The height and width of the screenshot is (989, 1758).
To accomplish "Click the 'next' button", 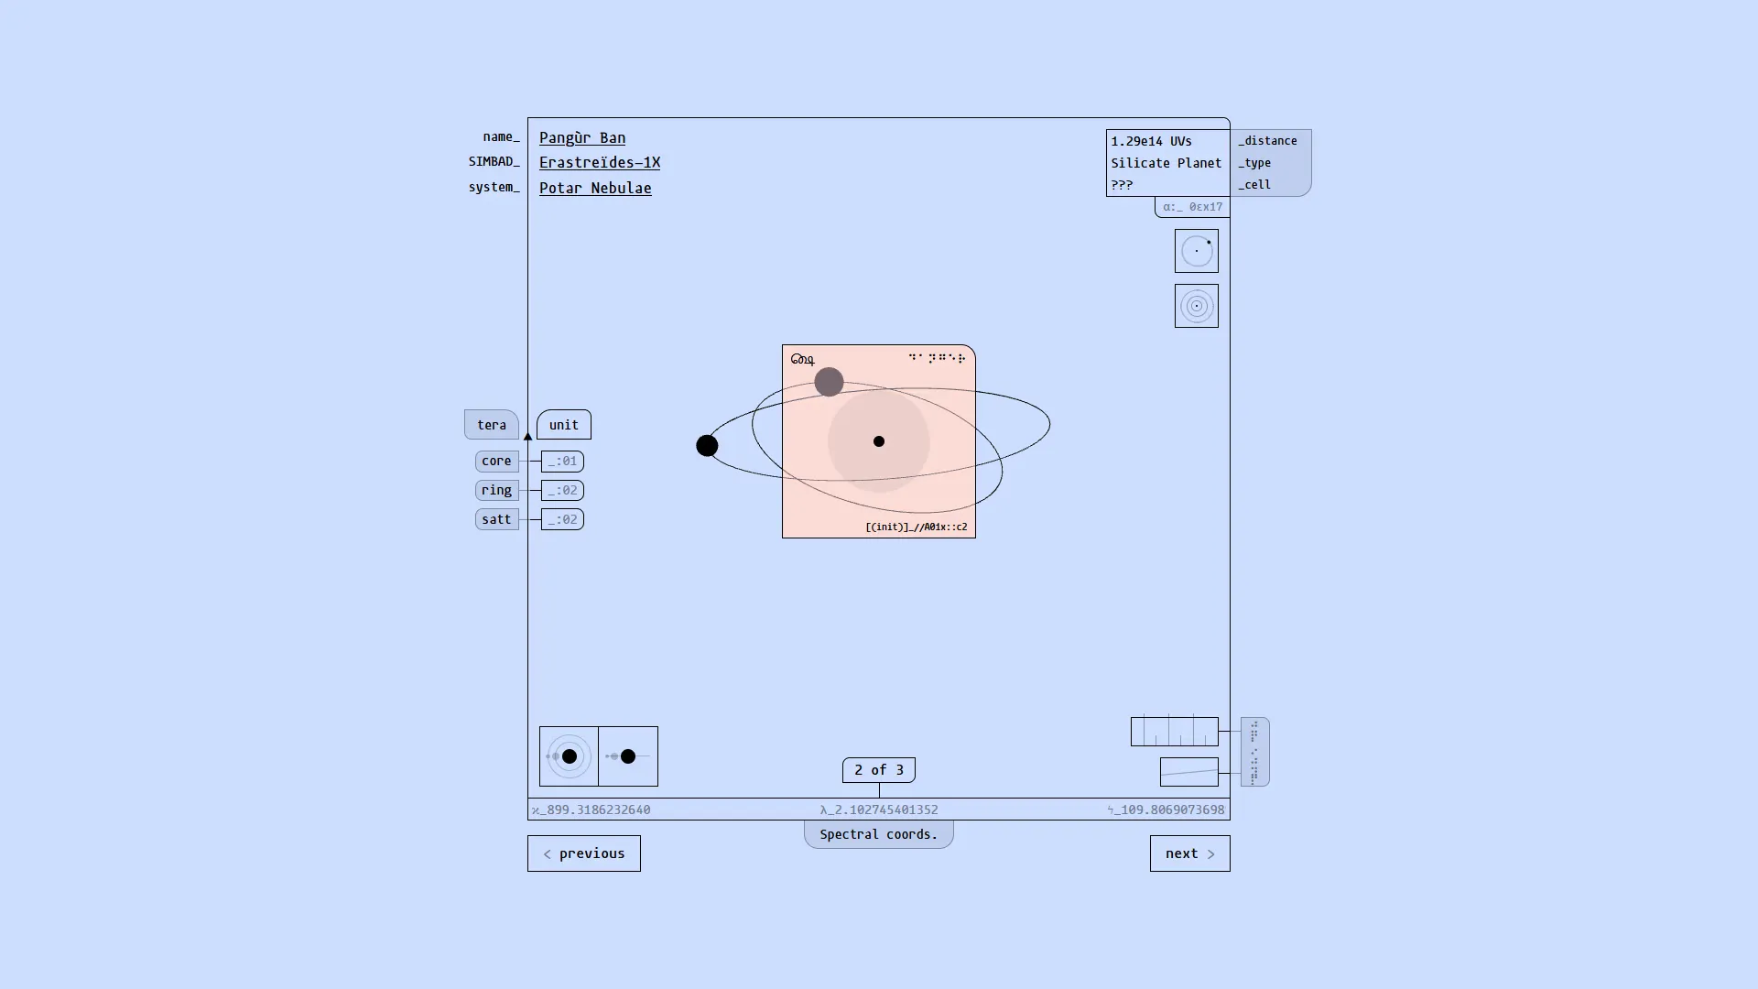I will tap(1189, 853).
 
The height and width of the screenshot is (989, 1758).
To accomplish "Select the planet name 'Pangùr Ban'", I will tap(582, 137).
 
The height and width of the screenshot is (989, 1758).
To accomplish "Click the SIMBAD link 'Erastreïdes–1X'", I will tap(600, 162).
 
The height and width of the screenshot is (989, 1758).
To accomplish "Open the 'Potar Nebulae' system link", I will tap(595, 188).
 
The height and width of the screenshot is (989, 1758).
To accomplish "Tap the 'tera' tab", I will tap(492, 425).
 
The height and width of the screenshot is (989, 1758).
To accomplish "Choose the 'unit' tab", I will tap(564, 425).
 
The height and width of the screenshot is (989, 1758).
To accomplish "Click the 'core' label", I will tap(496, 461).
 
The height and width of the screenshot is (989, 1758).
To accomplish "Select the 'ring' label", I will tap(496, 490).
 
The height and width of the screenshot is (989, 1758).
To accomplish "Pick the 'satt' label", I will tap(496, 519).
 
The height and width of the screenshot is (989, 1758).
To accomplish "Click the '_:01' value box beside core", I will tap(562, 461).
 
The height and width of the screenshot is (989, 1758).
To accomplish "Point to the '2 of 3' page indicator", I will tap(879, 770).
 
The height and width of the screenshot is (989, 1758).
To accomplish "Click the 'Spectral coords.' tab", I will tap(879, 834).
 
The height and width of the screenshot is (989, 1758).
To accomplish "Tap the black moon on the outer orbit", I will tap(707, 446).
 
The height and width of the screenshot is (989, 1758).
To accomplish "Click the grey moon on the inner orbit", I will tap(829, 382).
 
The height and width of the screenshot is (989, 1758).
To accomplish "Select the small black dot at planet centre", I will tap(879, 441).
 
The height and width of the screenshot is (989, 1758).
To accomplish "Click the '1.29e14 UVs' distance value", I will tap(1151, 141).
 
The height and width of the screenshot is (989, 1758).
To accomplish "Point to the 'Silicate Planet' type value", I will tap(1167, 163).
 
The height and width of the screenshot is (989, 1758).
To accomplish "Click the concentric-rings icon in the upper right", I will tap(1197, 306).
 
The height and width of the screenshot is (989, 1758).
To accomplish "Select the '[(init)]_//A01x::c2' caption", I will tap(916, 527).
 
